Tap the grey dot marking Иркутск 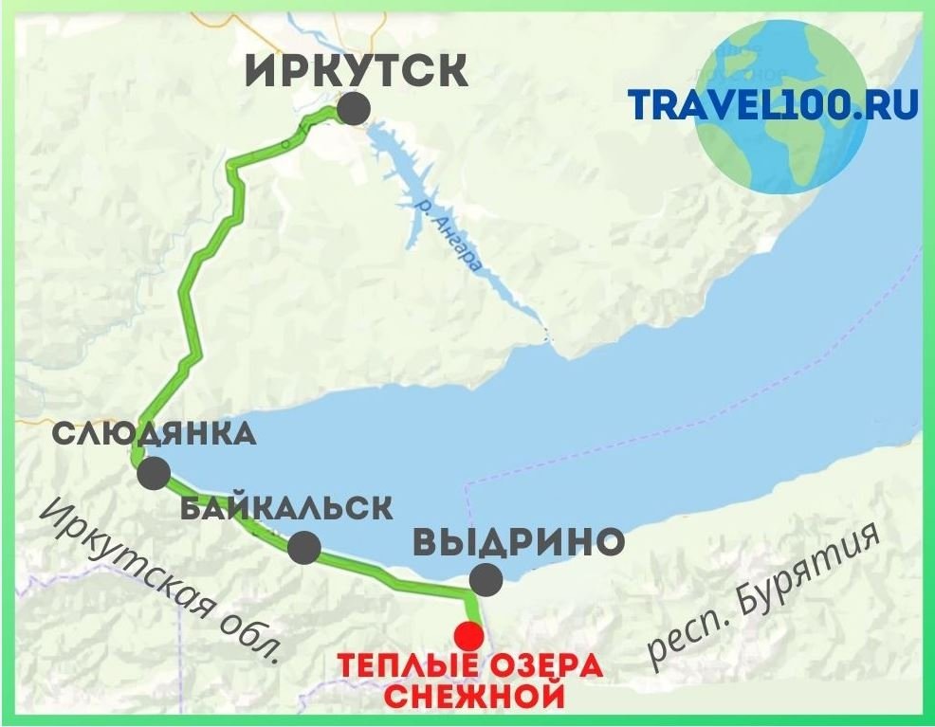tap(354, 108)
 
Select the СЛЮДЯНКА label tap(155, 435)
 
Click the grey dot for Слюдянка tap(154, 472)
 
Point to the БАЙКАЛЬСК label tap(285, 507)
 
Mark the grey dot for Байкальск tap(303, 548)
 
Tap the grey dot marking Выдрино tap(486, 578)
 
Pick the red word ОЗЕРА tap(545, 665)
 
